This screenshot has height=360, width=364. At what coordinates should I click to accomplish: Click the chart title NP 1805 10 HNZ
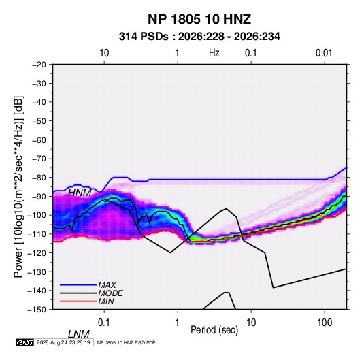[199, 19]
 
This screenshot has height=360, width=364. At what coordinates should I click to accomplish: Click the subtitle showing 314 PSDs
[199, 37]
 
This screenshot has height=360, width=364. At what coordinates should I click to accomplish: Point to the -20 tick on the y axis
[39, 65]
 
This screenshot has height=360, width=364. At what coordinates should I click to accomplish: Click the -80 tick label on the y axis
[39, 178]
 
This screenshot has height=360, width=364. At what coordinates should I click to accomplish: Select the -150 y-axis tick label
[37, 310]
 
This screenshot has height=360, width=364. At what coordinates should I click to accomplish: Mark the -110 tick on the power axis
[37, 234]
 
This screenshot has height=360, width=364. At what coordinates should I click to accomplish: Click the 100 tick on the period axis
[325, 323]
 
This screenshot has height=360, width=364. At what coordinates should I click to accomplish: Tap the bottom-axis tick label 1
[178, 323]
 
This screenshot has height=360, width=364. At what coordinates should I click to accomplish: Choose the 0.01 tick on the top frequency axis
[324, 53]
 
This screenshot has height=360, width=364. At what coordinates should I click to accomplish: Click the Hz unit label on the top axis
[214, 53]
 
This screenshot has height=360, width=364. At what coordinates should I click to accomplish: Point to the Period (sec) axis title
[214, 330]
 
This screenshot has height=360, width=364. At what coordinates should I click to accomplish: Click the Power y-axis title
[18, 187]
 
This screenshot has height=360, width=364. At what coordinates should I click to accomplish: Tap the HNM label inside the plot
[80, 193]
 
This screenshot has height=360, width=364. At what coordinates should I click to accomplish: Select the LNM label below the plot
[79, 334]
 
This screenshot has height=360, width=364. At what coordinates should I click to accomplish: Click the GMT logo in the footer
[25, 342]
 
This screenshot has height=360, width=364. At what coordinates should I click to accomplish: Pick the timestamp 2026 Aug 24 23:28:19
[63, 342]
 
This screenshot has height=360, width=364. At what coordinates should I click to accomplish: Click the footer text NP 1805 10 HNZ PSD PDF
[126, 342]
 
